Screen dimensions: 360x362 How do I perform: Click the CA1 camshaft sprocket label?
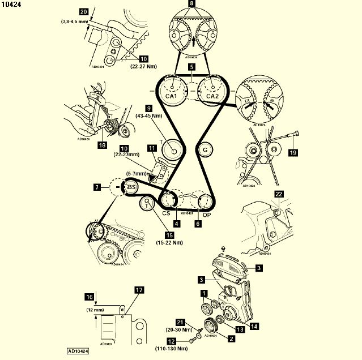click(171, 96)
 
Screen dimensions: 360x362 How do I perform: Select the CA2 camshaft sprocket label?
click(212, 96)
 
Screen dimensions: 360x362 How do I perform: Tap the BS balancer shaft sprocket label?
click(131, 187)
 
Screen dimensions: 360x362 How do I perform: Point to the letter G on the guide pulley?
click(205, 149)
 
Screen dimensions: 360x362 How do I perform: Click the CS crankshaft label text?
click(167, 213)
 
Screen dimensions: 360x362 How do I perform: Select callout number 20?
click(84, 11)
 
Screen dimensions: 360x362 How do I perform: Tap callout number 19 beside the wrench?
click(293, 152)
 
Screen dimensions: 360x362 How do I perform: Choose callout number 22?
click(278, 194)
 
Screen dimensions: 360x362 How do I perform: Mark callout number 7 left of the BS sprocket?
click(98, 186)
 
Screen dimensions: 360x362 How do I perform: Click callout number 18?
click(102, 145)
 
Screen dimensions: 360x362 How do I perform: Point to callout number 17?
click(139, 290)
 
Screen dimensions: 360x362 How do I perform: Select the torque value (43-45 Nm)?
click(149, 116)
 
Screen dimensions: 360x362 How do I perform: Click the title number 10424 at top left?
click(12, 5)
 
